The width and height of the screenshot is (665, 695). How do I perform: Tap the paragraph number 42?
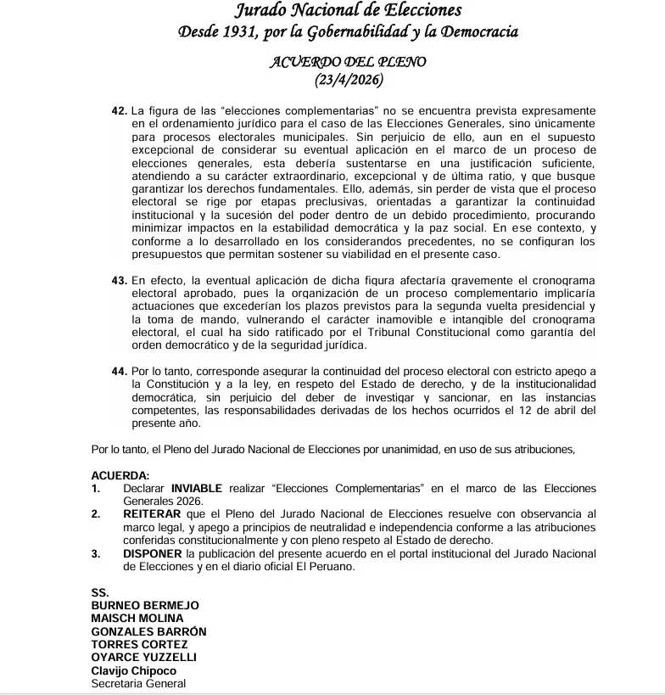(x=119, y=111)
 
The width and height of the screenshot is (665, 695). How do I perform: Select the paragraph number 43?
(x=119, y=280)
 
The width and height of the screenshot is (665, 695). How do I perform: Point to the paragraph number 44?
(x=119, y=371)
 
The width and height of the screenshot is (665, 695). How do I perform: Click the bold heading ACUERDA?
(x=120, y=475)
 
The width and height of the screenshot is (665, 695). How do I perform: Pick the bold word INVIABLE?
(x=197, y=489)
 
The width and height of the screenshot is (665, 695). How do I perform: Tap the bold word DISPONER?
(x=153, y=554)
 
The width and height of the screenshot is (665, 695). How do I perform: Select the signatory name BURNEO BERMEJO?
(x=145, y=606)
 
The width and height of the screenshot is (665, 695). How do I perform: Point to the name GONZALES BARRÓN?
(x=148, y=631)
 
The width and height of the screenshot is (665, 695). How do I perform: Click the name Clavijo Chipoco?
(x=133, y=670)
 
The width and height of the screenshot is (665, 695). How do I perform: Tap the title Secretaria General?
(x=138, y=683)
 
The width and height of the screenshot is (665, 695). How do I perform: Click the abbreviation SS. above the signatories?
(x=99, y=592)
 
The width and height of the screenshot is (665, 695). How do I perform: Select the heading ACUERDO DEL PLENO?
(x=347, y=62)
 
